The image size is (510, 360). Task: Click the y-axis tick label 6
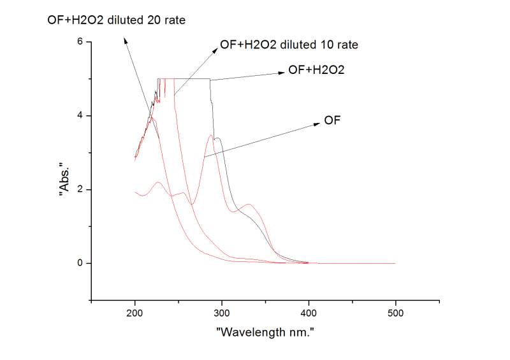(x=80, y=41)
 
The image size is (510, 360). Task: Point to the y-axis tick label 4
(x=80, y=115)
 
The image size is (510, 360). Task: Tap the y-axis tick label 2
(x=80, y=189)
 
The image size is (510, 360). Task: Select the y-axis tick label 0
(x=80, y=263)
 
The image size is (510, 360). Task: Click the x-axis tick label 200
(x=135, y=313)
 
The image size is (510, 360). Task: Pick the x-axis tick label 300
(x=222, y=313)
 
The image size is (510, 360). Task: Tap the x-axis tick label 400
(x=309, y=313)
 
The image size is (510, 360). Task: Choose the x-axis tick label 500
(x=395, y=313)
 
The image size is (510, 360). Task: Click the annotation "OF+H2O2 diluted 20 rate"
(x=117, y=20)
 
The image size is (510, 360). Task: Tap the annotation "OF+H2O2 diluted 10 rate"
(x=288, y=45)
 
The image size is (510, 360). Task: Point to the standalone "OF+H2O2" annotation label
(x=316, y=71)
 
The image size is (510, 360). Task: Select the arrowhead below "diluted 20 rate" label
(x=126, y=40)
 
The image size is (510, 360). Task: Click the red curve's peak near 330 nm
(x=249, y=205)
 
